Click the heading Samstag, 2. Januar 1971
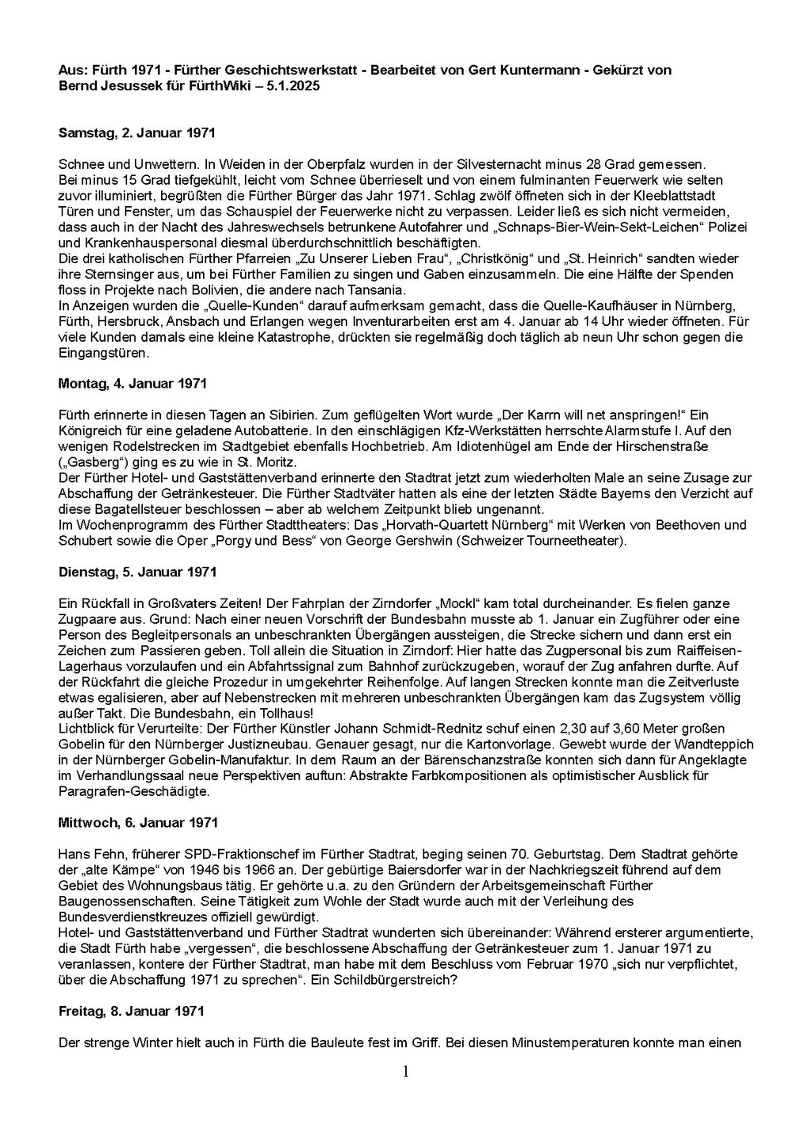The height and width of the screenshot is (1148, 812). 136,133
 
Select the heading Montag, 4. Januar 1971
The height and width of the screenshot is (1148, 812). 132,384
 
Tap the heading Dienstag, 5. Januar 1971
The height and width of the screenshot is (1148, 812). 137,572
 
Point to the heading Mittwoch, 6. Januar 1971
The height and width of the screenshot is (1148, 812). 138,823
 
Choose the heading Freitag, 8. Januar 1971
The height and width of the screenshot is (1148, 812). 131,1011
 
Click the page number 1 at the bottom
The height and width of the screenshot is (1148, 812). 406,1072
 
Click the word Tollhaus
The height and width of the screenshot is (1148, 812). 285,713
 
